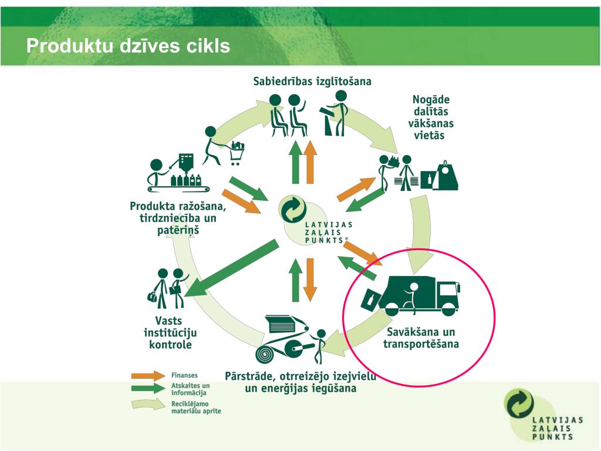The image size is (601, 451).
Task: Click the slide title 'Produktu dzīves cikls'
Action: [x=128, y=46]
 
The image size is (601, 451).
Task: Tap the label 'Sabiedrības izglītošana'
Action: [x=312, y=81]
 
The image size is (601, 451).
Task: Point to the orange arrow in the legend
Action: [x=148, y=375]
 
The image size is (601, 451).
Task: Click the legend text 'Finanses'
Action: [x=184, y=375]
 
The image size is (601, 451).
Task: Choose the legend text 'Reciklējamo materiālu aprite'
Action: [x=196, y=408]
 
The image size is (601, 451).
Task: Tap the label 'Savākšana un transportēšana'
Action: [x=421, y=338]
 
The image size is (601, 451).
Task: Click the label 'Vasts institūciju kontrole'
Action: [x=170, y=332]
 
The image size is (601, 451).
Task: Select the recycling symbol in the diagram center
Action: [x=293, y=208]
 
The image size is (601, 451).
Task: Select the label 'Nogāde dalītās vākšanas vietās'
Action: [x=430, y=117]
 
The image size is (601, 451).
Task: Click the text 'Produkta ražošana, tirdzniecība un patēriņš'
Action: [x=178, y=218]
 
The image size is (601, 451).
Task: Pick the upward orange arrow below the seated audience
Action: [x=310, y=162]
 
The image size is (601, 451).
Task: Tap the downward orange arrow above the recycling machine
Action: [x=310, y=280]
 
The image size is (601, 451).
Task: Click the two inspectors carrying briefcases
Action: [x=168, y=288]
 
